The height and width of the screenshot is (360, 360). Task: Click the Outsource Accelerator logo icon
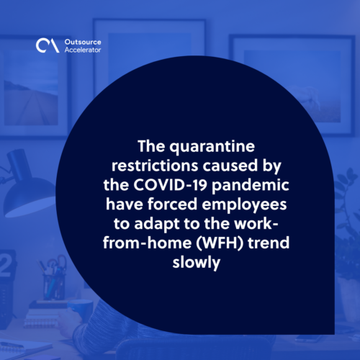tap(48, 45)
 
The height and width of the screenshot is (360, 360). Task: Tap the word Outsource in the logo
tap(83, 42)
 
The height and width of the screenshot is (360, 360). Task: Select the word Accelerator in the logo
tap(83, 50)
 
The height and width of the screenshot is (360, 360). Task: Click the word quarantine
tap(212, 147)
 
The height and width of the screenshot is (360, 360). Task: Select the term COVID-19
tap(170, 185)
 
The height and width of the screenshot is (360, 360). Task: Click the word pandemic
tap(251, 186)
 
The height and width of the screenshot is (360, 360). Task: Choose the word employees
tap(244, 205)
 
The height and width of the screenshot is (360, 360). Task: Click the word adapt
tap(157, 225)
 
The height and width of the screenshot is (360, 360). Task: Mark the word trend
tap(269, 243)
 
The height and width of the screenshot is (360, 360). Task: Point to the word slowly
tap(197, 263)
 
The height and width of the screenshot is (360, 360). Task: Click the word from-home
tap(148, 243)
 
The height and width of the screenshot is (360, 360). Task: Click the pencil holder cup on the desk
tap(54, 287)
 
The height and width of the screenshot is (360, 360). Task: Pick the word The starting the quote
tap(152, 146)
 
